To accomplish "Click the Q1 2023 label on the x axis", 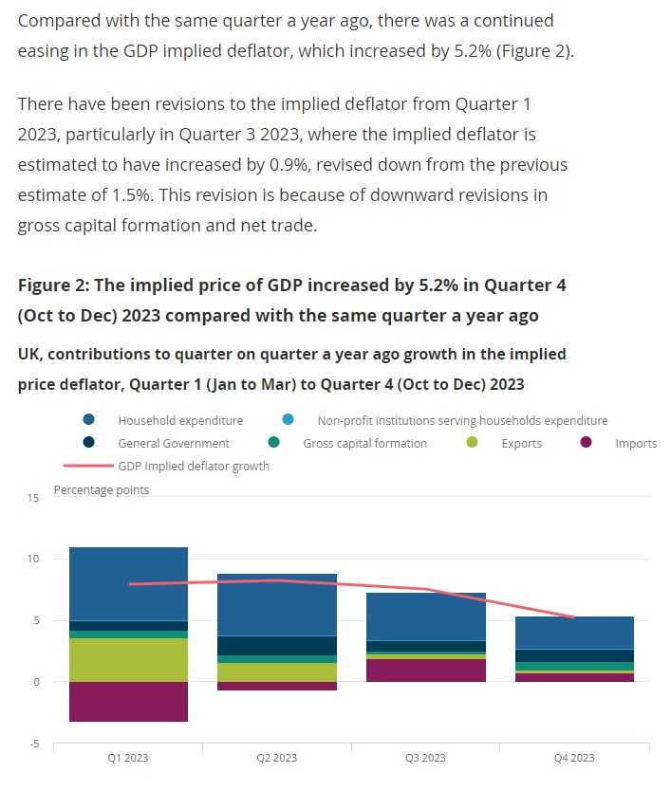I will pyautogui.click(x=128, y=758).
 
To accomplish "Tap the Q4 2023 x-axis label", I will pyautogui.click(x=575, y=758).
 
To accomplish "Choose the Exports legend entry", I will pyautogui.click(x=521, y=443).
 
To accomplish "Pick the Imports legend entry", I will pyautogui.click(x=636, y=443).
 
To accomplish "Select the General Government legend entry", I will pyautogui.click(x=174, y=443).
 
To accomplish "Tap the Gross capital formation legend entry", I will pyautogui.click(x=364, y=443).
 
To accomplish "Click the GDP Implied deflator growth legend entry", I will pyautogui.click(x=194, y=466).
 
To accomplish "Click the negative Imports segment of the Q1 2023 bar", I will pyautogui.click(x=128, y=702).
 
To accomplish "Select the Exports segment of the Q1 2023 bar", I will pyautogui.click(x=128, y=660).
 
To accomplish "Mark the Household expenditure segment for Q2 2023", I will pyautogui.click(x=277, y=604).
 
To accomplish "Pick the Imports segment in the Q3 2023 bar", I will pyautogui.click(x=426, y=671).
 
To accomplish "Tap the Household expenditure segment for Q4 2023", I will pyautogui.click(x=575, y=633).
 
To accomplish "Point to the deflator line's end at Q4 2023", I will pyautogui.click(x=574, y=617).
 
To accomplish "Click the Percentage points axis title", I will pyautogui.click(x=101, y=490).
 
